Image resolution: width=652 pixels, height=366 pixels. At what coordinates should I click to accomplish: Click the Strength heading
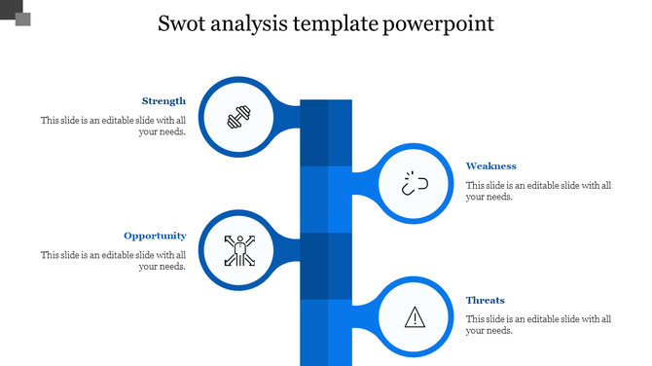point(163,100)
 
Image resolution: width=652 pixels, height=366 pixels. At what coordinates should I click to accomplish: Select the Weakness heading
point(490,165)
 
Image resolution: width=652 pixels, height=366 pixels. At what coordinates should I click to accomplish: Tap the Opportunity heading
point(155,236)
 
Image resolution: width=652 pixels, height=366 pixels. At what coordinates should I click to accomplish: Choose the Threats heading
point(485,300)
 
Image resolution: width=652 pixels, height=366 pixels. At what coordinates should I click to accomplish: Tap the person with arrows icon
point(237,251)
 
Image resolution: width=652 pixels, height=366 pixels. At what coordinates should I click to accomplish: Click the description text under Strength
point(113,127)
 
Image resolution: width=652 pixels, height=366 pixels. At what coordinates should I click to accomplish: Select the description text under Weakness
point(538,191)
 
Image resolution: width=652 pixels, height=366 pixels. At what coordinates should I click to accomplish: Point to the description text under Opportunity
point(113,261)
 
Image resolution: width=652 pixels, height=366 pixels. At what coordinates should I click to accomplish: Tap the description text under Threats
point(538,324)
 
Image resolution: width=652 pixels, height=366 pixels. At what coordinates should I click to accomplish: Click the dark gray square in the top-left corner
point(21,18)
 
